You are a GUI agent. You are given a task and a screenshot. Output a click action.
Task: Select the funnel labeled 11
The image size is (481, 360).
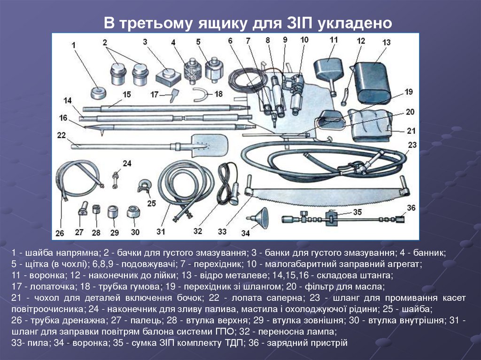pyautogui.click(x=328, y=70)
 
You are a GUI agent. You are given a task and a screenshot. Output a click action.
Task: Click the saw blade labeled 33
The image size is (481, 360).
pyautogui.click(x=324, y=195)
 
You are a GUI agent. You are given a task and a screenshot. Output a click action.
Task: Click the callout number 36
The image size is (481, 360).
pyautogui.click(x=411, y=208)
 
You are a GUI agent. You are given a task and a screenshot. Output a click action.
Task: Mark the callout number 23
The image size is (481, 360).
pyautogui.click(x=412, y=145)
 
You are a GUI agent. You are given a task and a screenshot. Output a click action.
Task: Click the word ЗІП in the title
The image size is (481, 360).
pyautogui.click(x=298, y=23)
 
